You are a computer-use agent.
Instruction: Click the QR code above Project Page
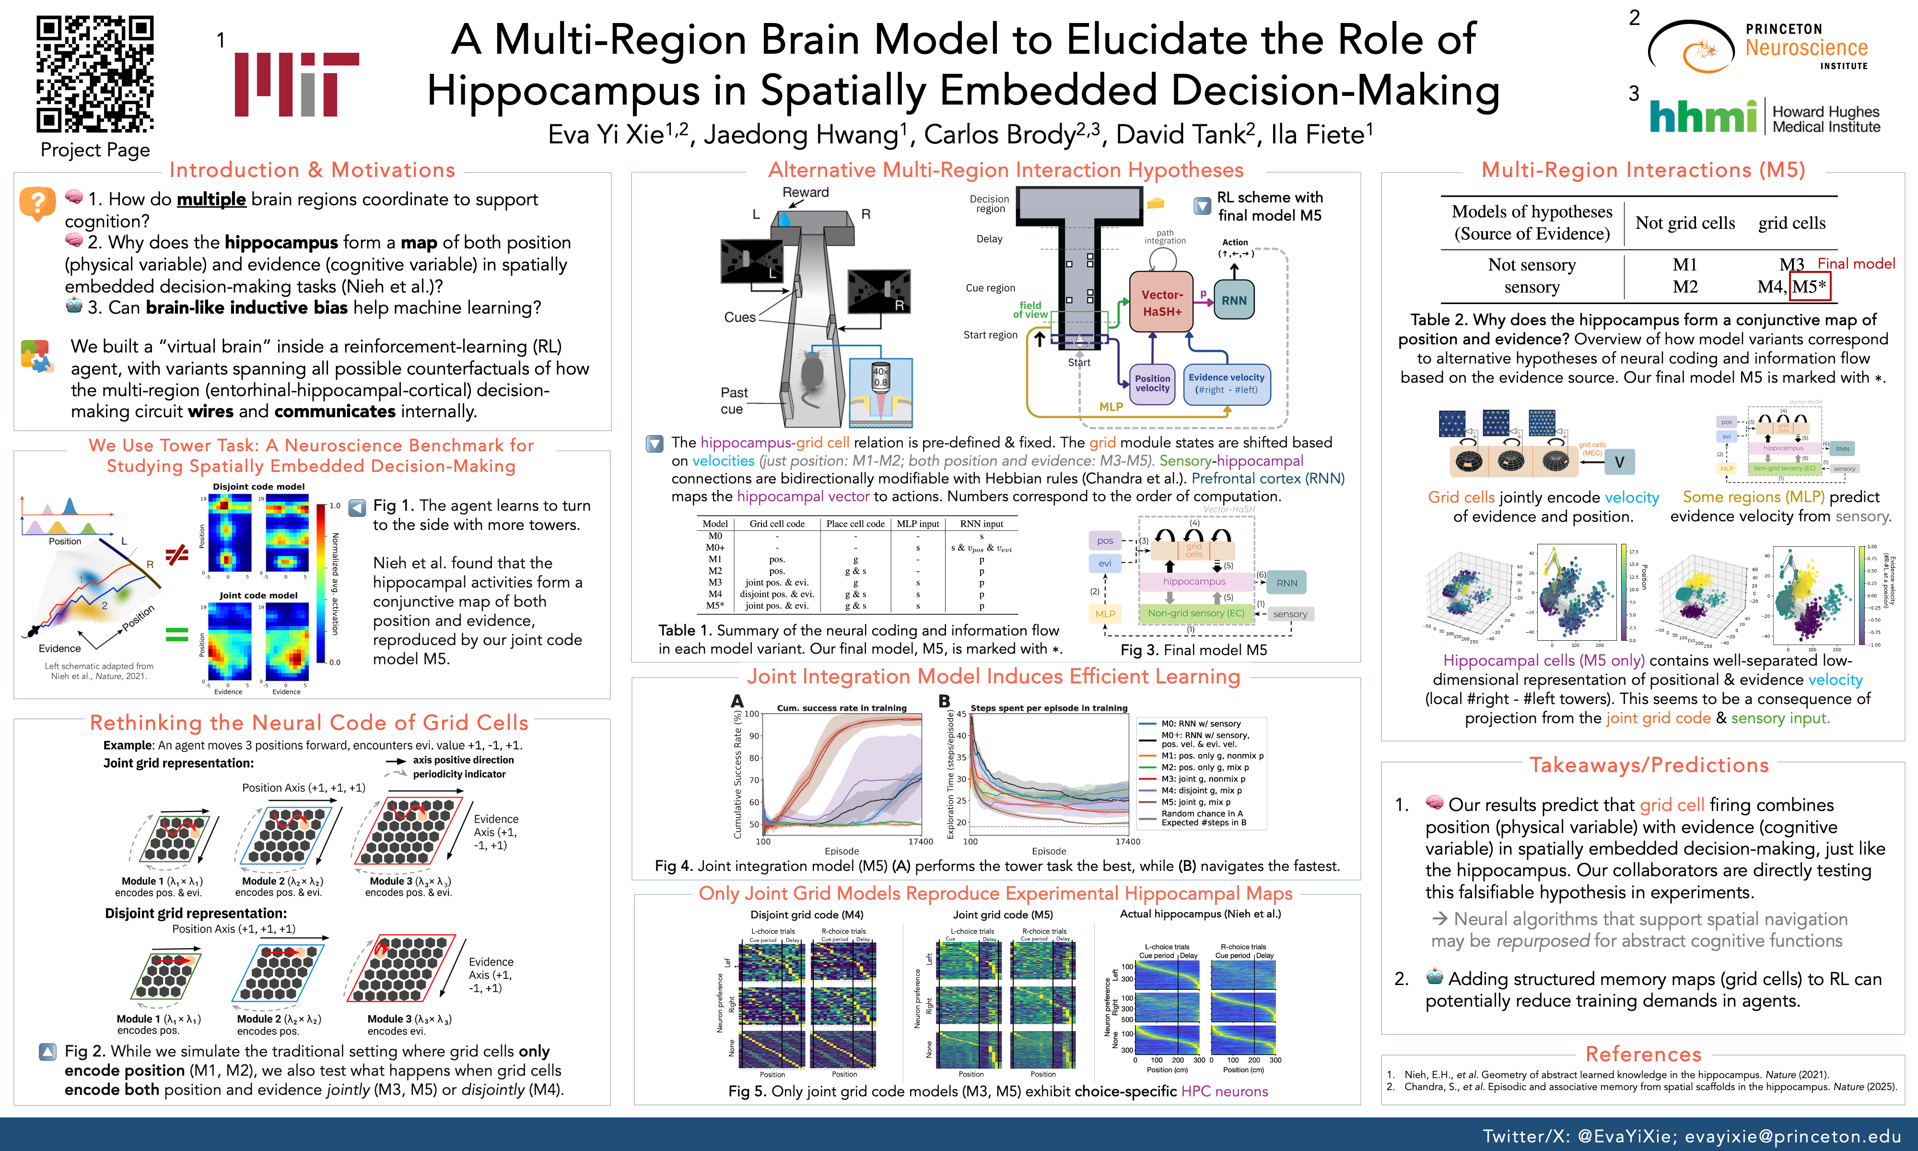(x=95, y=74)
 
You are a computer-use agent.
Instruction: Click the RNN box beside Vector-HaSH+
(x=1233, y=301)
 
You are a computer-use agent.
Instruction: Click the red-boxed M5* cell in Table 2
(x=1809, y=286)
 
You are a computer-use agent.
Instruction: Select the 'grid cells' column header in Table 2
(x=1791, y=223)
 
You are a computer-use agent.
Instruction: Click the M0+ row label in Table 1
(x=715, y=548)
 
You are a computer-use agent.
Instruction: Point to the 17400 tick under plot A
(x=920, y=842)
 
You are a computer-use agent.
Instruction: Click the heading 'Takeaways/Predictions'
(x=1649, y=765)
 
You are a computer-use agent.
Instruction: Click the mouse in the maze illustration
(x=811, y=376)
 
